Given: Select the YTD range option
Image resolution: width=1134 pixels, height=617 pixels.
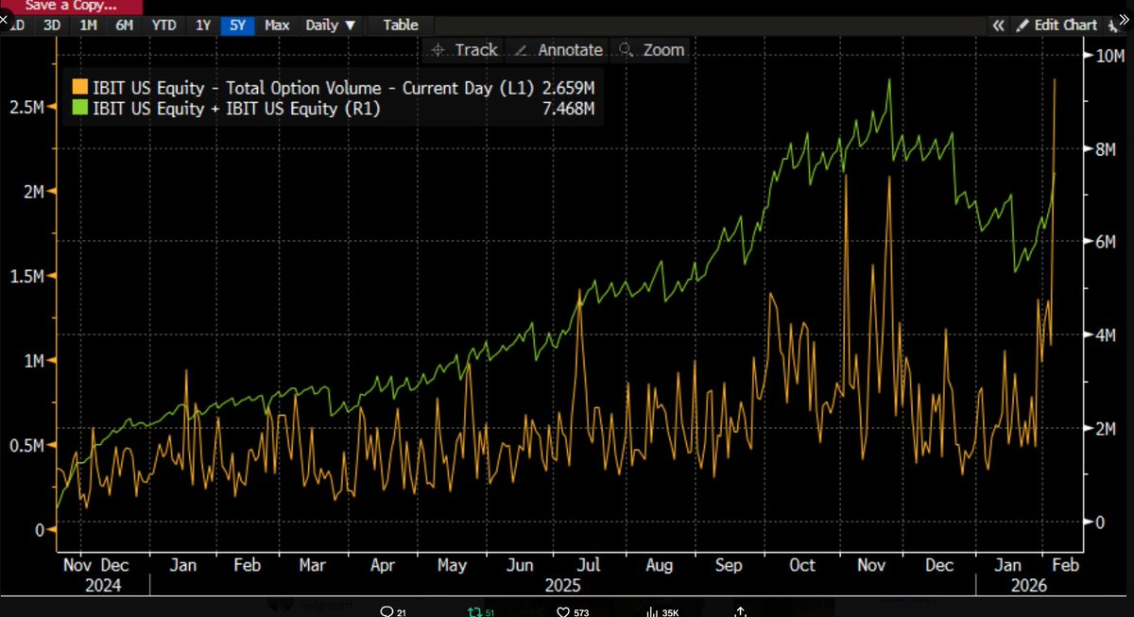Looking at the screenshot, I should click(x=163, y=26).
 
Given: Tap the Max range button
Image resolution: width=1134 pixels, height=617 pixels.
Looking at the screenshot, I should click(x=277, y=26).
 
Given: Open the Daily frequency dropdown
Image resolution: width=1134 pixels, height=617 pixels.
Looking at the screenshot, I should click(x=331, y=26).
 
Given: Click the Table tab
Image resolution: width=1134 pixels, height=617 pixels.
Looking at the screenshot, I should click(x=401, y=26).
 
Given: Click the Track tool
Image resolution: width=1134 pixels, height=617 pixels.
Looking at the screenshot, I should click(x=466, y=50).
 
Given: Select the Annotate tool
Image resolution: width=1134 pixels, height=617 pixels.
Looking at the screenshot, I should click(x=561, y=50).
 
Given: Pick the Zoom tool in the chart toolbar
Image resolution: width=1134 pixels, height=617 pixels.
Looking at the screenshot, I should click(x=653, y=50).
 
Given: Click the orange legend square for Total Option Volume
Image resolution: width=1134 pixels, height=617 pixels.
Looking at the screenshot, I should click(x=80, y=88).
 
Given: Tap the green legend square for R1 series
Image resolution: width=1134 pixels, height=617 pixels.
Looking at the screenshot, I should click(x=80, y=109).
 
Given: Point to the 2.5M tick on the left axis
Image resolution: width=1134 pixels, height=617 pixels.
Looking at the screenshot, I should click(x=26, y=108).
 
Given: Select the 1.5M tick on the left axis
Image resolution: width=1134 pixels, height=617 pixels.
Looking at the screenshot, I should click(x=26, y=276).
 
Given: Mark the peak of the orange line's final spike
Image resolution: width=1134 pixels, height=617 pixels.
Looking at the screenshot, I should click(x=1055, y=80).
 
